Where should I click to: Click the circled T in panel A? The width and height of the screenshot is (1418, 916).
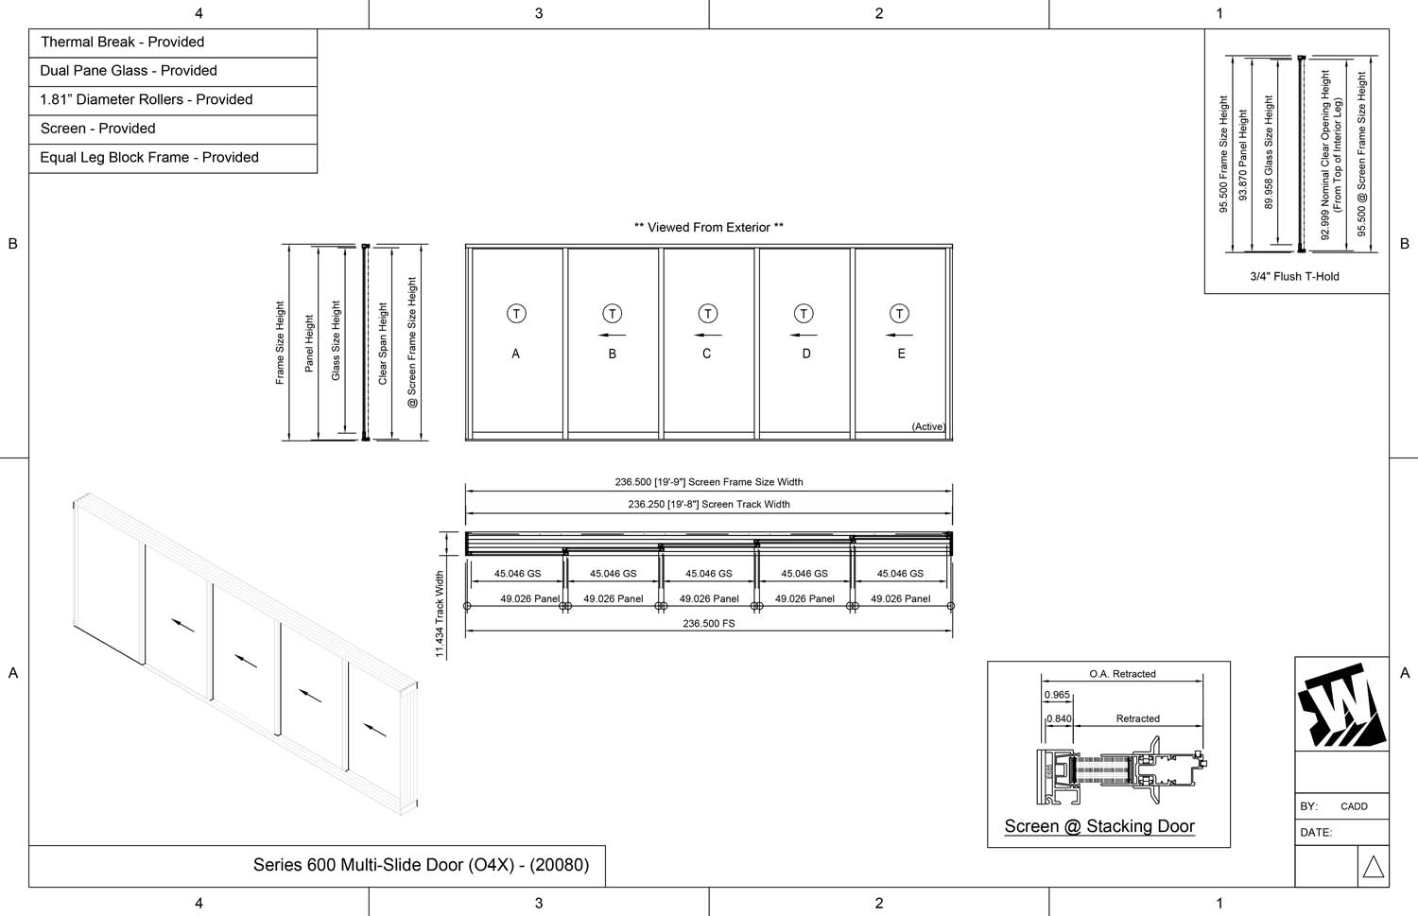[x=516, y=314]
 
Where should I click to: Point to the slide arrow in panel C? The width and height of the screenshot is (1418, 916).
[x=707, y=335]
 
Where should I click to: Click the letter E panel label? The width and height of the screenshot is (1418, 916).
[x=901, y=354]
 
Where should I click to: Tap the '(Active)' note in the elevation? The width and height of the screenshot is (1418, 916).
[x=928, y=426]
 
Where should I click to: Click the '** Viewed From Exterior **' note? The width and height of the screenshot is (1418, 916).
[x=709, y=228]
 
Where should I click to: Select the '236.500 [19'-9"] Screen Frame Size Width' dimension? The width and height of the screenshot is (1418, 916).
[x=709, y=482]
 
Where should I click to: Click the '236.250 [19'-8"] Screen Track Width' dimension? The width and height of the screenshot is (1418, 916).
[x=709, y=505]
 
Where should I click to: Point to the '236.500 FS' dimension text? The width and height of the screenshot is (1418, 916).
[x=709, y=624]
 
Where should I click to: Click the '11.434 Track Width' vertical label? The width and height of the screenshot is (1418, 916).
[x=440, y=614]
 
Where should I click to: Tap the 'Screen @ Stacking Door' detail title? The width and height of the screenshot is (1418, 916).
[x=1099, y=827]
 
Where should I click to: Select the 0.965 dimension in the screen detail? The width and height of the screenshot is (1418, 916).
[x=1057, y=695]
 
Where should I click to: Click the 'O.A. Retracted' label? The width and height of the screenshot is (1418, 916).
[x=1122, y=674]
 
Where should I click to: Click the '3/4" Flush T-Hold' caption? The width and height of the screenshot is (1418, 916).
[x=1294, y=277]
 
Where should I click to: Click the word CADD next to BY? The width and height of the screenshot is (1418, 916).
[x=1354, y=806]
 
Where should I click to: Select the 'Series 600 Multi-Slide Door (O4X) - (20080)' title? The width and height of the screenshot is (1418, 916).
[x=421, y=865]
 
